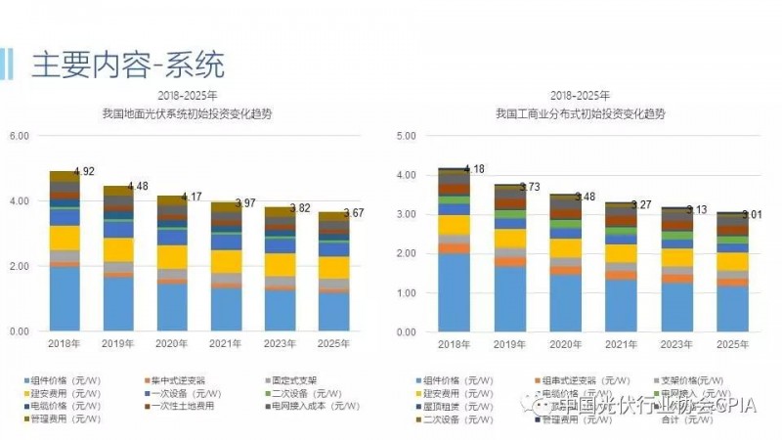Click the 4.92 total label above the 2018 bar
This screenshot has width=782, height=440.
[83, 172]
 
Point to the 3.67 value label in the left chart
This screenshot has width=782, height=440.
[353, 212]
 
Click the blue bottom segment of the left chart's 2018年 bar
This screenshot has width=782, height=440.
[65, 298]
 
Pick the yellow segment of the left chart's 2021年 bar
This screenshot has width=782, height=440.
[229, 261]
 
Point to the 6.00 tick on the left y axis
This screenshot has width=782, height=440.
[20, 135]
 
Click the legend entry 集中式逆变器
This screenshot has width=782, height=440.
[181, 379]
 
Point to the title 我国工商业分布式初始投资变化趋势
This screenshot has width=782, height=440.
[580, 112]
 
